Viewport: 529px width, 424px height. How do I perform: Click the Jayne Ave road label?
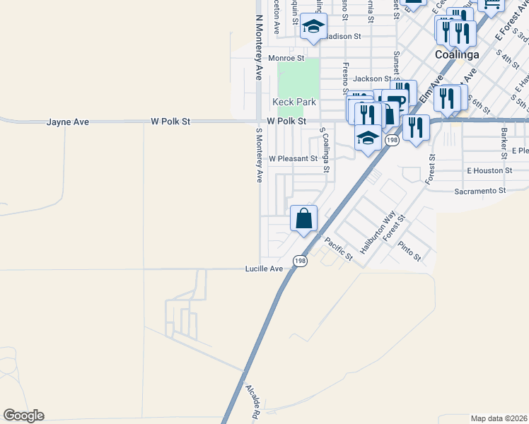(x=68, y=122)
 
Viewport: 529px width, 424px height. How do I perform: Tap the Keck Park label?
(x=294, y=102)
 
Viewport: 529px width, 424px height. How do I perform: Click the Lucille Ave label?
(x=264, y=269)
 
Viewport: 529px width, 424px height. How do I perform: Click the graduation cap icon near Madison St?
(x=312, y=28)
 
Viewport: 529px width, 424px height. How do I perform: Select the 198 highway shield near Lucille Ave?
(x=301, y=261)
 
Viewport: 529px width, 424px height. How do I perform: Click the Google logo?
(x=23, y=416)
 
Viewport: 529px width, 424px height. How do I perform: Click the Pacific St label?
(x=338, y=249)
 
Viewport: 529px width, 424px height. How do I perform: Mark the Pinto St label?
(x=409, y=251)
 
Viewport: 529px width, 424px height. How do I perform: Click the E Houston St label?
(x=489, y=171)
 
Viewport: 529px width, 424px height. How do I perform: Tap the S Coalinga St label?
(x=325, y=150)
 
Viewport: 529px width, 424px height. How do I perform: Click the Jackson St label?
(x=372, y=79)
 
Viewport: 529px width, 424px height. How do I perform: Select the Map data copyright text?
(x=499, y=418)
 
